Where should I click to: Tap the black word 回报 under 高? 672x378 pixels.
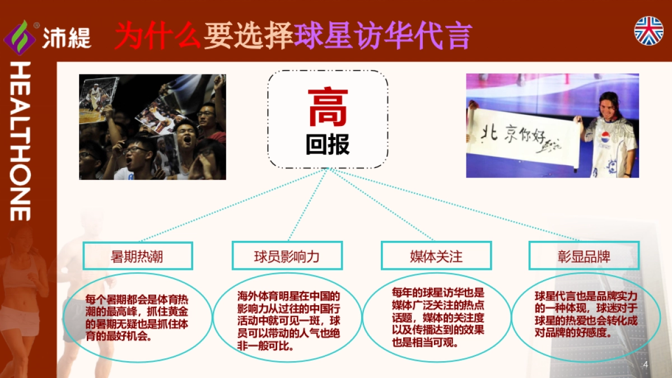[328, 144]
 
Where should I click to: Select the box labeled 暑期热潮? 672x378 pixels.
[138, 256]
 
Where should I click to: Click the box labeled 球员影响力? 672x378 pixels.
[287, 256]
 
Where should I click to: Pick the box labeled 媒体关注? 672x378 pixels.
[436, 256]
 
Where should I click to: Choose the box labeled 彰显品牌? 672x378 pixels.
[584, 256]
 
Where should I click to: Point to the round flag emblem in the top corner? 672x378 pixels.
[648, 30]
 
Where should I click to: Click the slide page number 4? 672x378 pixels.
[646, 365]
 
